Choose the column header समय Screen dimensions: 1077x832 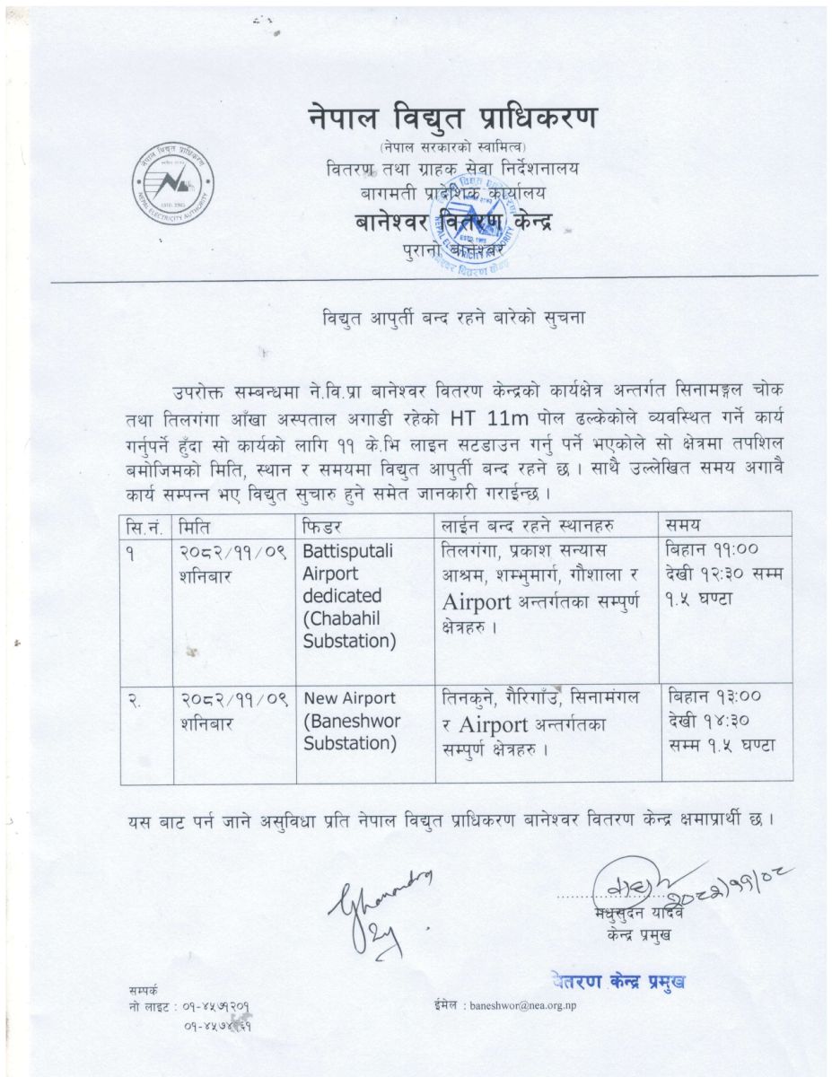(x=683, y=524)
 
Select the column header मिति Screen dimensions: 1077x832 (x=196, y=525)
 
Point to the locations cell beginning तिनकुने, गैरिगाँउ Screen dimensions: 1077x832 (x=539, y=721)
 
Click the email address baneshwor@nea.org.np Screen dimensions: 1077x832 (x=523, y=1006)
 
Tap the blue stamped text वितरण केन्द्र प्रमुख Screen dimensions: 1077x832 (x=618, y=980)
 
